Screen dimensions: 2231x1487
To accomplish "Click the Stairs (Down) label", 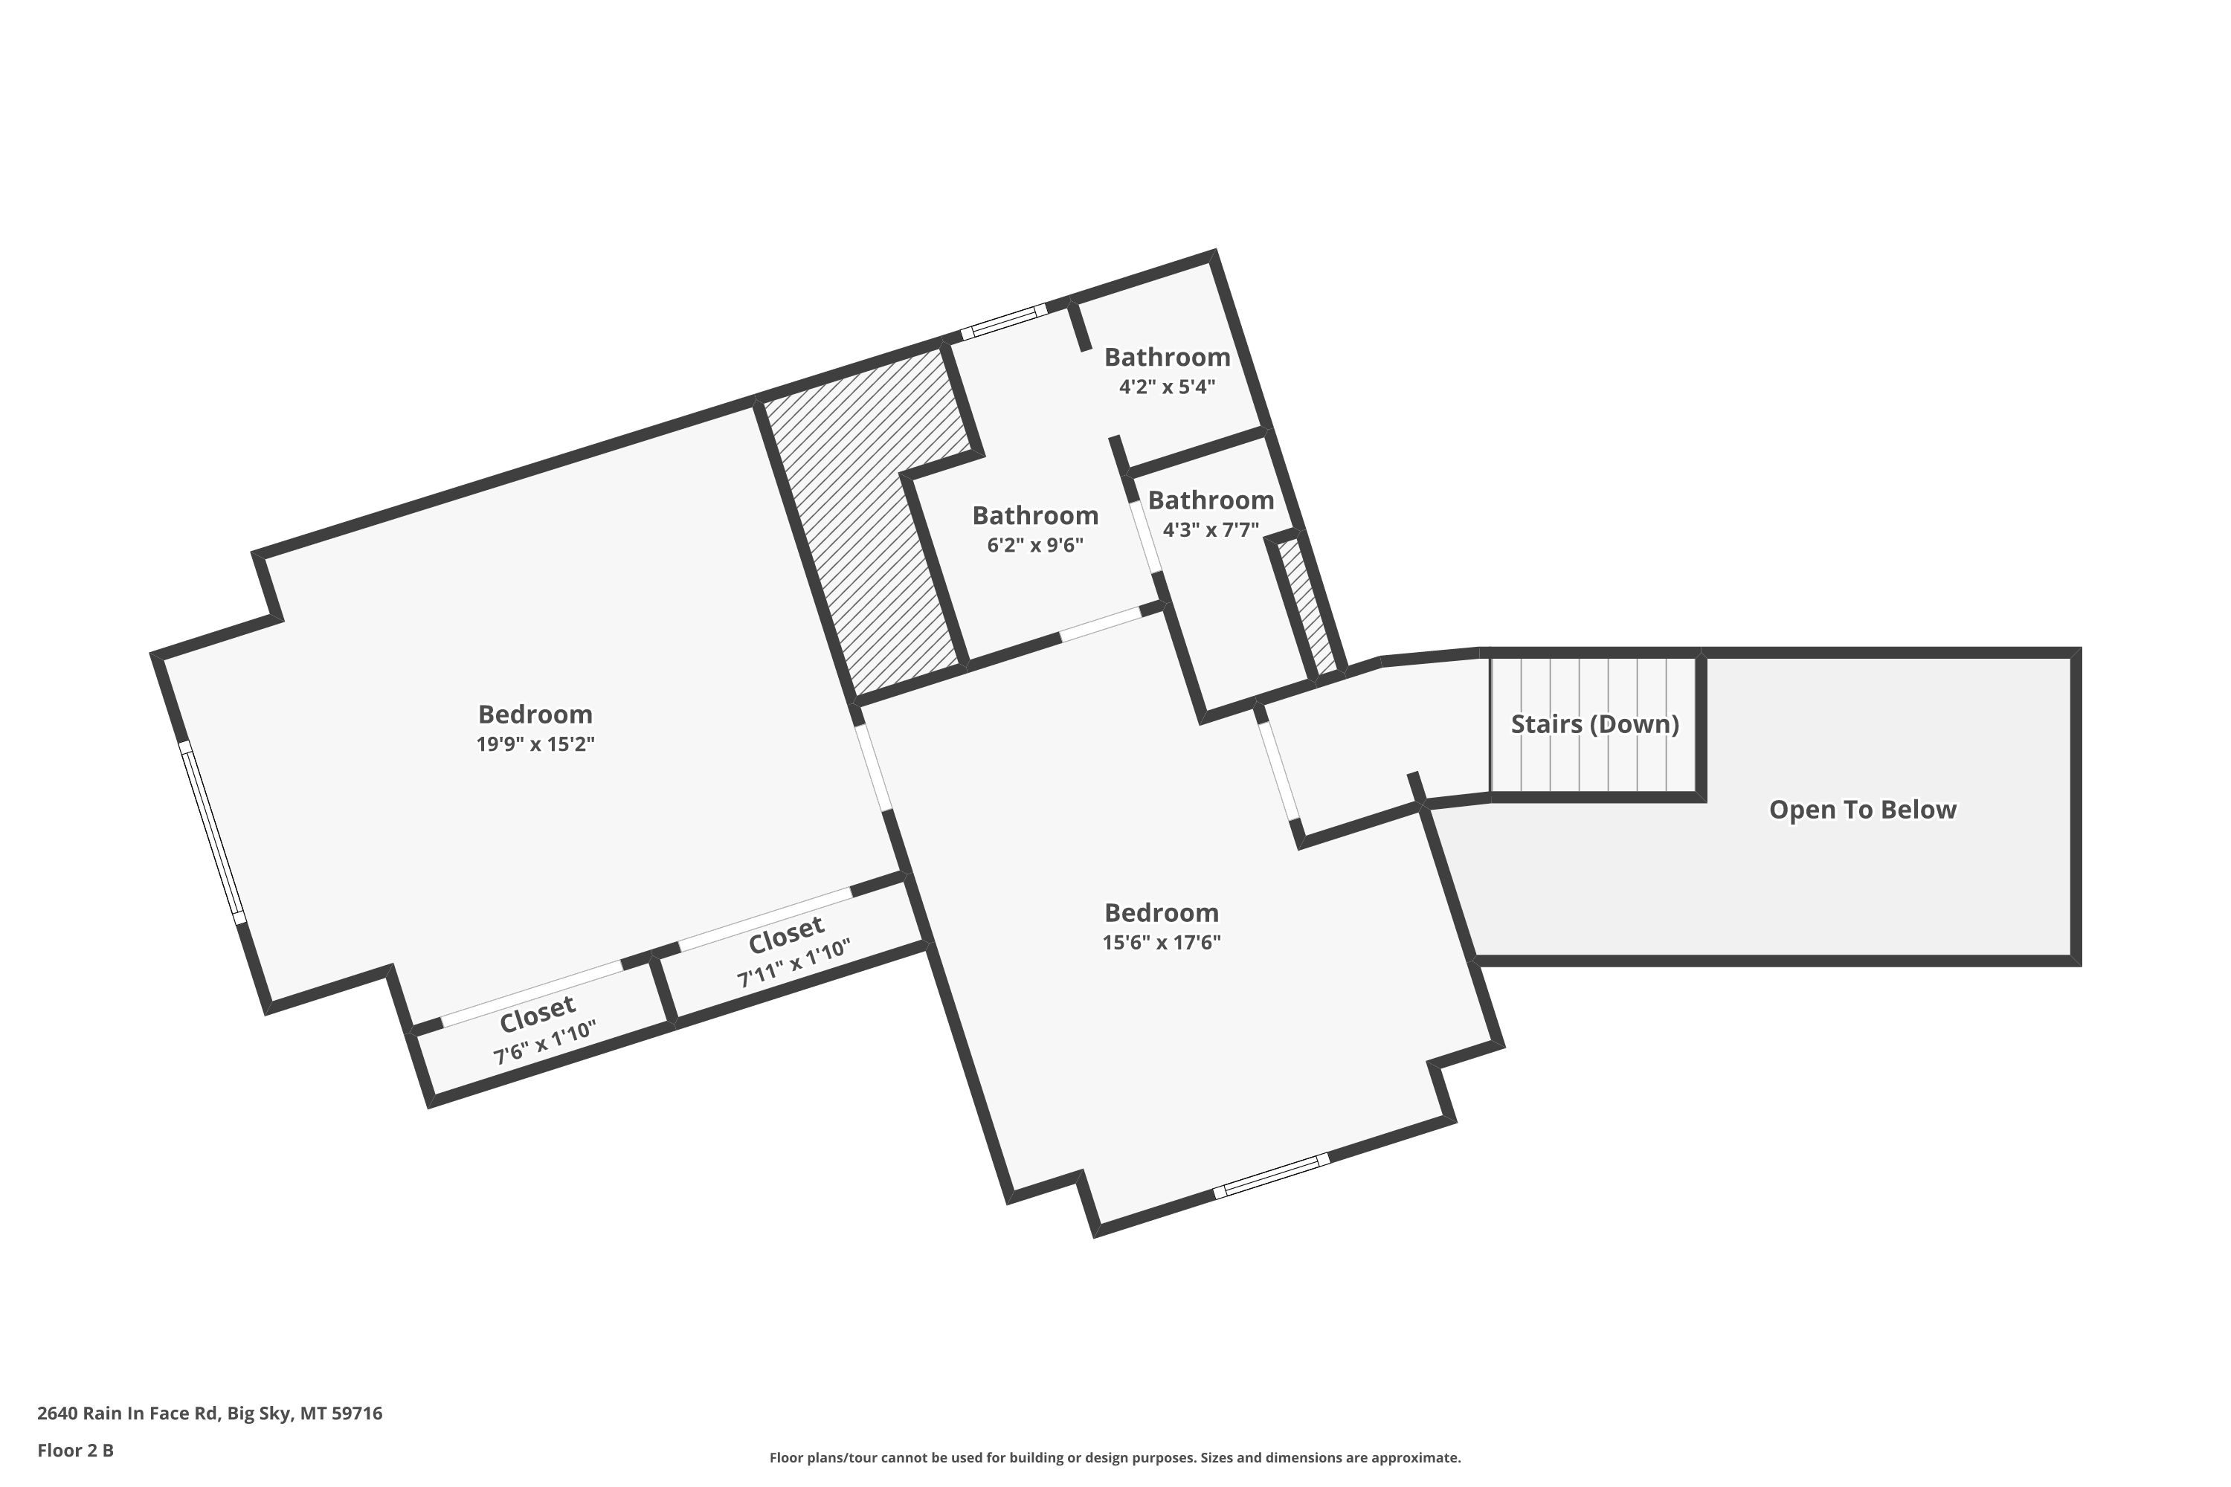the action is (1594, 724).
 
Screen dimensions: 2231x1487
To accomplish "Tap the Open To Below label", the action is (1862, 810).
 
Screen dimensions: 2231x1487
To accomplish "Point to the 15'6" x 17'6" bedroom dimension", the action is (1161, 942).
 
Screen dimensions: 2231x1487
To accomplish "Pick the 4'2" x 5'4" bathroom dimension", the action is (1167, 387).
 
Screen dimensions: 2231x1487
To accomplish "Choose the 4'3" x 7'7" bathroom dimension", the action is (1211, 530).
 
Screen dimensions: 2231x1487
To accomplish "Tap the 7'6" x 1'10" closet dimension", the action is (544, 1042).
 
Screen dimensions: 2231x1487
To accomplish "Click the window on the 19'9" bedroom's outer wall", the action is (213, 833).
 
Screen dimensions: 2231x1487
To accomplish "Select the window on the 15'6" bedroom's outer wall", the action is (1271, 1176).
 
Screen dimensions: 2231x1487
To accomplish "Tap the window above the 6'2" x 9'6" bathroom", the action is (1003, 321).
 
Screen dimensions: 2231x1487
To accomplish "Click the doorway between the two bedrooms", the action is (874, 768).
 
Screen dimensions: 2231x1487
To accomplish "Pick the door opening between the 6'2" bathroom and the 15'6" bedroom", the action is (1101, 624).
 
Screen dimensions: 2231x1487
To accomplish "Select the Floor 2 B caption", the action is (75, 1450).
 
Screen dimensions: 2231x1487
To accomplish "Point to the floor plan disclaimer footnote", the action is (1115, 1457).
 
